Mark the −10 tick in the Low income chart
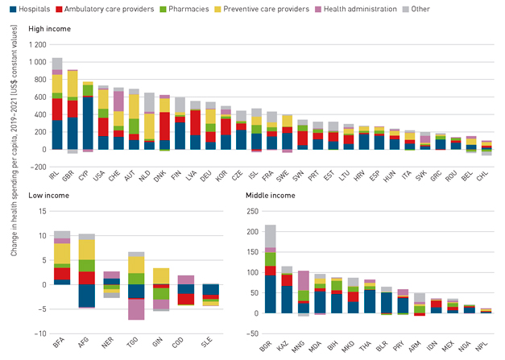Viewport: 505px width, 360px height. (36, 333)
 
